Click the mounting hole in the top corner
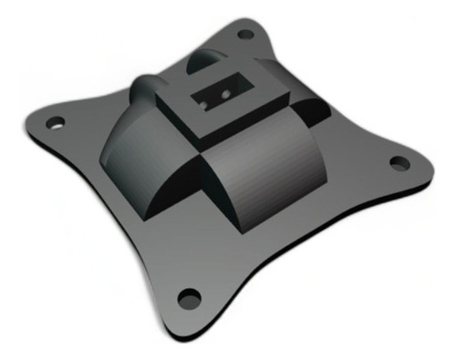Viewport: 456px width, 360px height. [245, 35]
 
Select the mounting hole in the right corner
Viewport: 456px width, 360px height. [399, 163]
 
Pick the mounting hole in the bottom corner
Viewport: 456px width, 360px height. [189, 297]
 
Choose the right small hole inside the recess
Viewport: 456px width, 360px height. [223, 91]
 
